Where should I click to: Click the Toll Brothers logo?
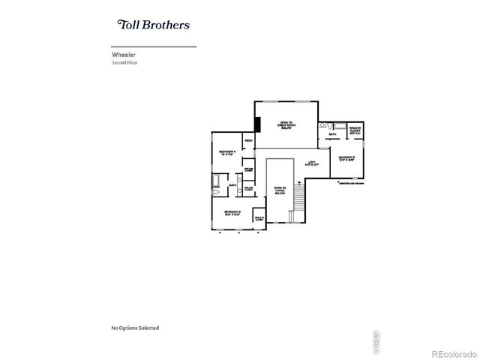(x=153, y=24)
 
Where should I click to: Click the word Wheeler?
(x=123, y=55)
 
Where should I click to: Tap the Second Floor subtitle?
(x=124, y=63)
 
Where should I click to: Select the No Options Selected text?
(x=135, y=328)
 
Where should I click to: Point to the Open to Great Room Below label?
(x=286, y=125)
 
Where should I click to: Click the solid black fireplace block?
(x=257, y=124)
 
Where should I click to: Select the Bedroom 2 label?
(x=345, y=158)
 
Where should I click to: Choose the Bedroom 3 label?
(x=232, y=214)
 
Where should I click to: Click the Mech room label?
(x=247, y=140)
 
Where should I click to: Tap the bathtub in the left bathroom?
(x=217, y=181)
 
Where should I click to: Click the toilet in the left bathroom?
(x=215, y=193)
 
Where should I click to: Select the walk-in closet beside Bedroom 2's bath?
(x=355, y=130)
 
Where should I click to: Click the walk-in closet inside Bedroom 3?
(x=259, y=218)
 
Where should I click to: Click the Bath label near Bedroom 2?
(x=332, y=135)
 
